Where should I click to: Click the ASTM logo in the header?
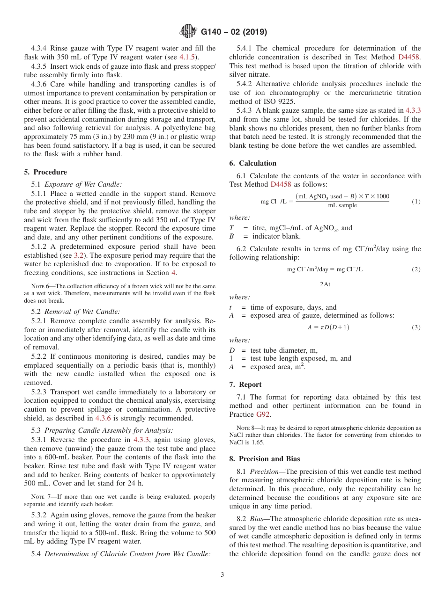tap(189, 32)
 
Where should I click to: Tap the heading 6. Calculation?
tap(253, 163)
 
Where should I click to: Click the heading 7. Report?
tap(245, 385)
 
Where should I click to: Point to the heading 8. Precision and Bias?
tap(265, 459)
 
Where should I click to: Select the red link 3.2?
tap(79, 255)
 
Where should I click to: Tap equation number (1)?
tap(416, 202)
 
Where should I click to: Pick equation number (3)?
tap(416, 327)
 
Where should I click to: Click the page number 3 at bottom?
tap(222, 575)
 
